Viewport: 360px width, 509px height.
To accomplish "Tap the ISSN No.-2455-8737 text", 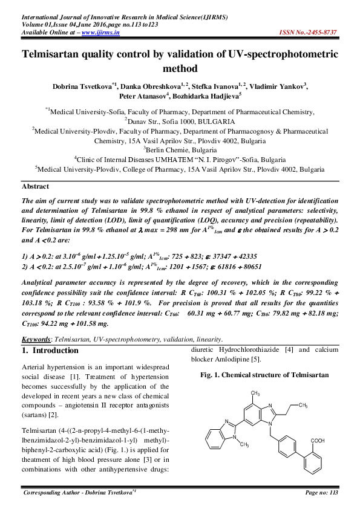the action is (x=310, y=32).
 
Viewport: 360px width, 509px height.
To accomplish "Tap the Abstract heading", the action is (x=35, y=186).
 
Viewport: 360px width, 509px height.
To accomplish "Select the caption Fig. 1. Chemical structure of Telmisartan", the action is (x=264, y=375).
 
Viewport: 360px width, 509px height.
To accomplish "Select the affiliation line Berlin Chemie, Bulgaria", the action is (x=179, y=149).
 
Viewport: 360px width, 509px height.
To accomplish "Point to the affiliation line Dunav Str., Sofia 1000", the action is (x=180, y=122).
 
